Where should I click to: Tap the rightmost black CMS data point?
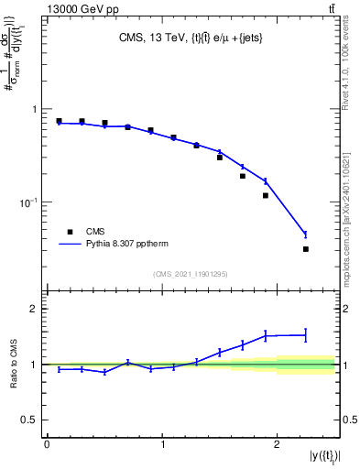point(306,249)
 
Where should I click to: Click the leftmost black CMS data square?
point(59,121)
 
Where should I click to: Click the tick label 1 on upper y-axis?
point(35,109)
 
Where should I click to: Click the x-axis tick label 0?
point(47,444)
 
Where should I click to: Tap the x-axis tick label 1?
point(162,444)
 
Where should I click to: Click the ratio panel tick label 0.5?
point(30,420)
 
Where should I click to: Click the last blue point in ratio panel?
point(306,335)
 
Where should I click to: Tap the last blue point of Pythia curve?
point(306,234)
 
